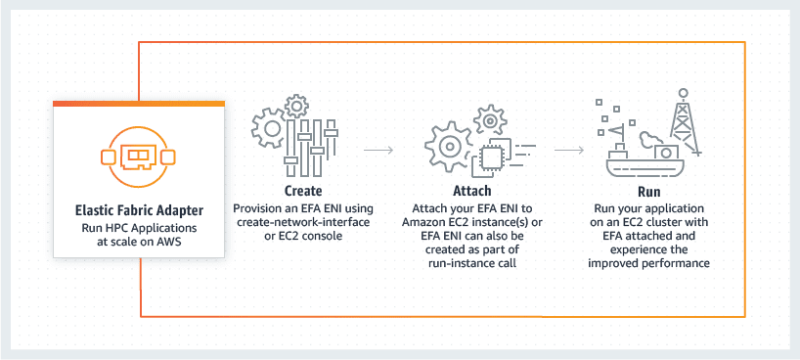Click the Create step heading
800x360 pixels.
[302, 191]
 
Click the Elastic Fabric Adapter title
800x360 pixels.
[138, 210]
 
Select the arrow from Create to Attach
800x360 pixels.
[378, 151]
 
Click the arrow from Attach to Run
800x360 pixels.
[569, 151]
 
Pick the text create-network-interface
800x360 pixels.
[303, 222]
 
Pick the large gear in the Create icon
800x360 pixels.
[270, 128]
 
